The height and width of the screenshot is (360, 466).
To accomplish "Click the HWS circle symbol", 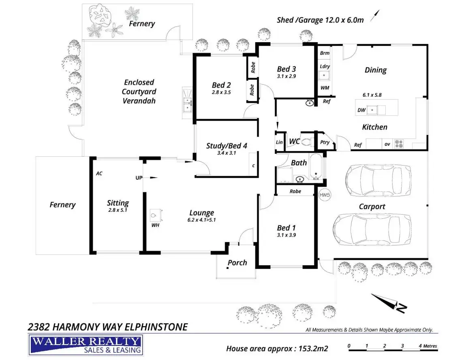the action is pyautogui.click(x=325, y=195).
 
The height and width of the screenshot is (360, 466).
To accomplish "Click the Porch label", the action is pyautogui.click(x=237, y=262).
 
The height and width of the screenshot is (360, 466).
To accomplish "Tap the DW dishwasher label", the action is pyautogui.click(x=361, y=110).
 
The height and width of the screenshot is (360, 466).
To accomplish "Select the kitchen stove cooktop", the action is pyautogui.click(x=399, y=144).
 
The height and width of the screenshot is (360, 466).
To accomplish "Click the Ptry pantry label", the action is pyautogui.click(x=325, y=143).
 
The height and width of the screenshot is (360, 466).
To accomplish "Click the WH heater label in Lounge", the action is pyautogui.click(x=155, y=225).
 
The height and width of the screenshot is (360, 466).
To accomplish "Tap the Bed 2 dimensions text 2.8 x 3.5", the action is pyautogui.click(x=221, y=92).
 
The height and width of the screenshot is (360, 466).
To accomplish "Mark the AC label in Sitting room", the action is pyautogui.click(x=99, y=173).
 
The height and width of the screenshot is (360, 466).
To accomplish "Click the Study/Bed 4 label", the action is pyautogui.click(x=227, y=146).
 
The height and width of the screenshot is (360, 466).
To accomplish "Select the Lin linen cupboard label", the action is pyautogui.click(x=279, y=142).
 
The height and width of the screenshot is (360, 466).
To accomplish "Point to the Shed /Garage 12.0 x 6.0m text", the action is pyautogui.click(x=320, y=19).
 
